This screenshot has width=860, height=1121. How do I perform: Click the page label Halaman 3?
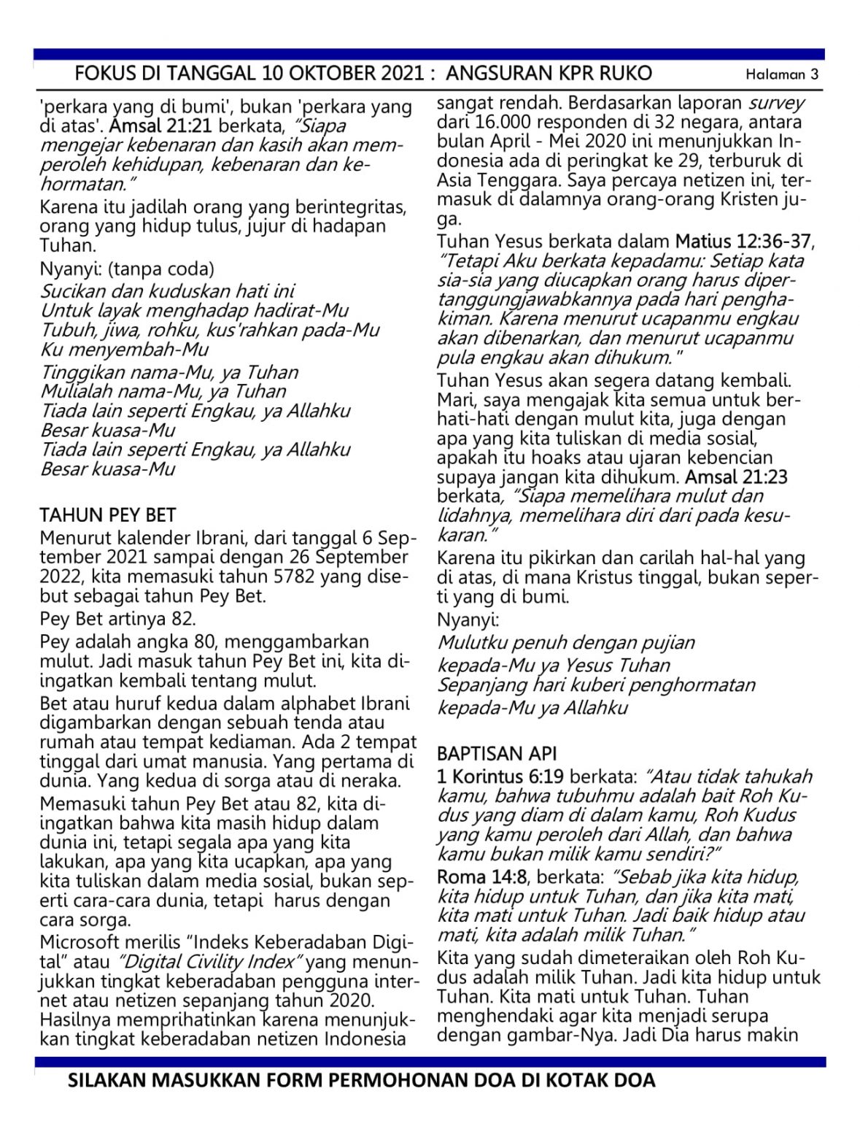click(781, 74)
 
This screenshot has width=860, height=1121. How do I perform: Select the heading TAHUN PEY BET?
click(108, 515)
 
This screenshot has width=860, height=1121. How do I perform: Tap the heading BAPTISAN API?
click(487, 753)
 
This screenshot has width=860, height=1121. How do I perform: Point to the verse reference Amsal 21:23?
click(737, 477)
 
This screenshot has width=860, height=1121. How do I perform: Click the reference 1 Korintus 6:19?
click(500, 777)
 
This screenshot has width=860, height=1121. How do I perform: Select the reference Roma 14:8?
click(481, 877)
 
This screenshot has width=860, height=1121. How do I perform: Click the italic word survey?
click(776, 103)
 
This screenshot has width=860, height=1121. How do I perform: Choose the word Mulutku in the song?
click(472, 643)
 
